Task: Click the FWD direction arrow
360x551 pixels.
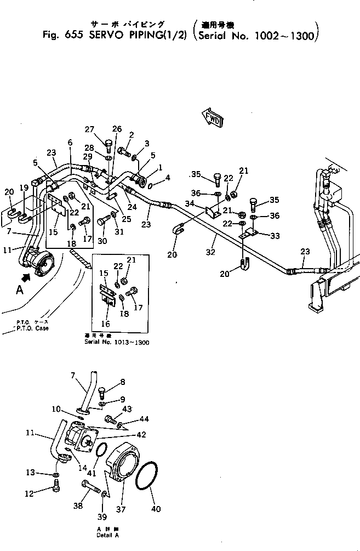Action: pyautogui.click(x=213, y=117)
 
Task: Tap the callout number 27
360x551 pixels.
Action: pyautogui.click(x=90, y=129)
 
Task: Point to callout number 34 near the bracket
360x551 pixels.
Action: pyautogui.click(x=190, y=204)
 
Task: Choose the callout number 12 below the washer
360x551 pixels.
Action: pyautogui.click(x=44, y=494)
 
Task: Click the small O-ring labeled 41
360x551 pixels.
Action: pyautogui.click(x=100, y=451)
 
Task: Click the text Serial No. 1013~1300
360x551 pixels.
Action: pyautogui.click(x=117, y=342)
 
